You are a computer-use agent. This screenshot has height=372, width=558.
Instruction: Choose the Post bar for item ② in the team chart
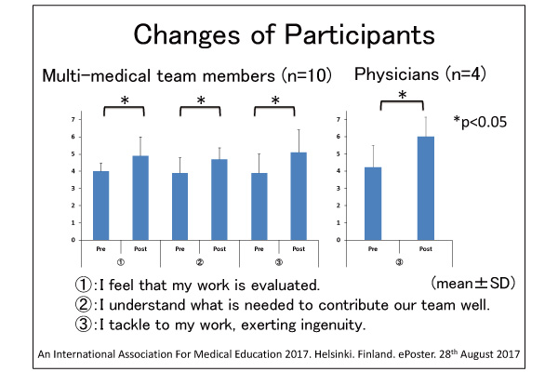coord(219,199)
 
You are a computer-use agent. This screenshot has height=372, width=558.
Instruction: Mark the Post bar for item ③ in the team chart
coord(299,195)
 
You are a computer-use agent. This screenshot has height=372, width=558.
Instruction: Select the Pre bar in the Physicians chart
coord(371,203)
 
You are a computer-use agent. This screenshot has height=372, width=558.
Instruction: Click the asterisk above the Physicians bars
coord(401,95)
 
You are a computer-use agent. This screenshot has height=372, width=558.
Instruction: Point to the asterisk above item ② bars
coord(200,101)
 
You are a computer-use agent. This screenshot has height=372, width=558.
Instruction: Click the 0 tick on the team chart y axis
coord(73,240)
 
